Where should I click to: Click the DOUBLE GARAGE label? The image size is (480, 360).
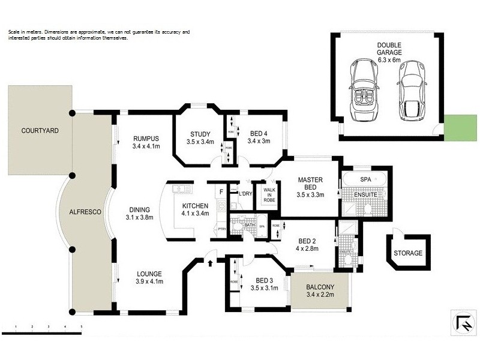click(x=389, y=49)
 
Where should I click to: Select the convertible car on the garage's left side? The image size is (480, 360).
click(x=364, y=90)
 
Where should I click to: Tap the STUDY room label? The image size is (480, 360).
click(x=199, y=134)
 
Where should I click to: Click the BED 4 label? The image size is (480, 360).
click(x=259, y=134)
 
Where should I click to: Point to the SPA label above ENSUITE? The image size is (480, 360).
click(x=365, y=179)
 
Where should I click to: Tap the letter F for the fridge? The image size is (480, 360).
click(x=221, y=192)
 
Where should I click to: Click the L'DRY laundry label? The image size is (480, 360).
click(x=244, y=193)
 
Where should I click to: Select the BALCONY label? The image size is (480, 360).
click(x=319, y=287)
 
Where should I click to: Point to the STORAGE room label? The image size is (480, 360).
click(x=407, y=253)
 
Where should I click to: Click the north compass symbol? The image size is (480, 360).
click(x=464, y=322)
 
